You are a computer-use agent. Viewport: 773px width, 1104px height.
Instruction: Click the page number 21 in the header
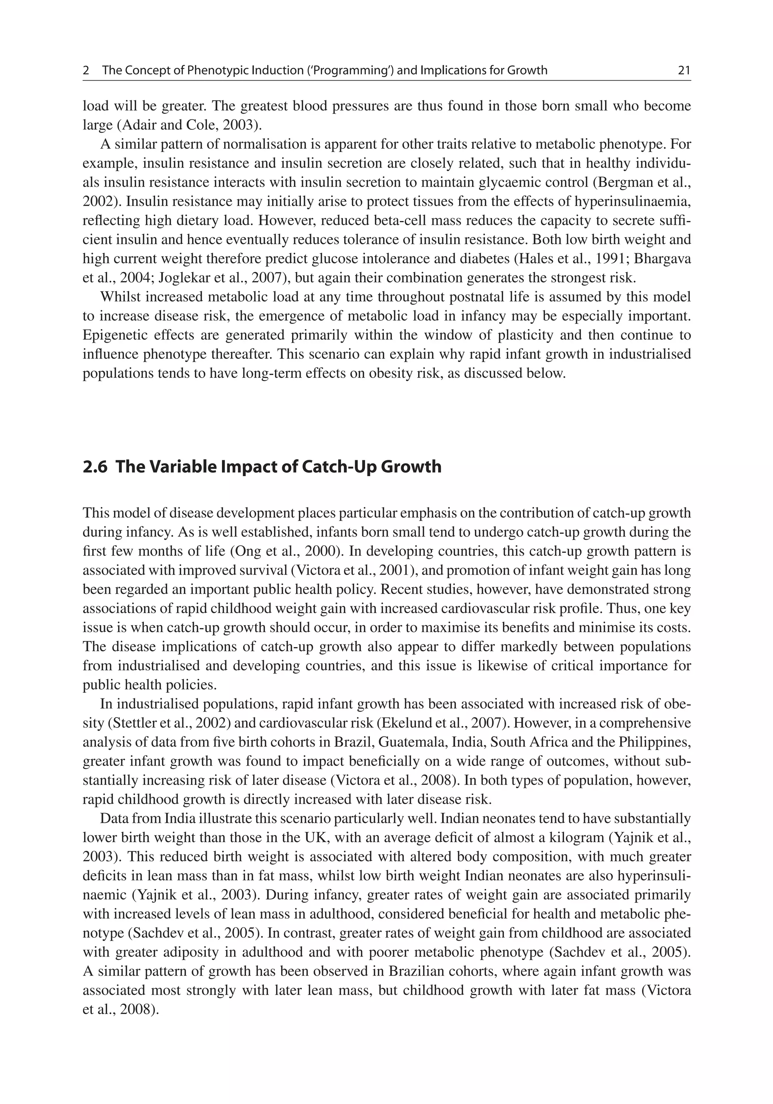click(x=684, y=71)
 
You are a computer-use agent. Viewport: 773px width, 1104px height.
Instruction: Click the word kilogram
click(x=576, y=837)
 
